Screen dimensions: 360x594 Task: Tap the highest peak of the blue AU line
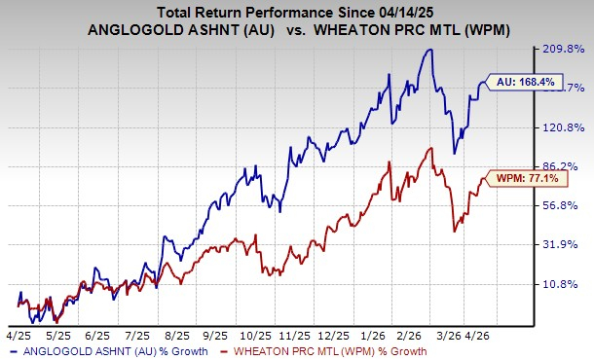(x=428, y=49)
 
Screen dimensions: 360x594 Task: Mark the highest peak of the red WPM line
(x=429, y=148)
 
